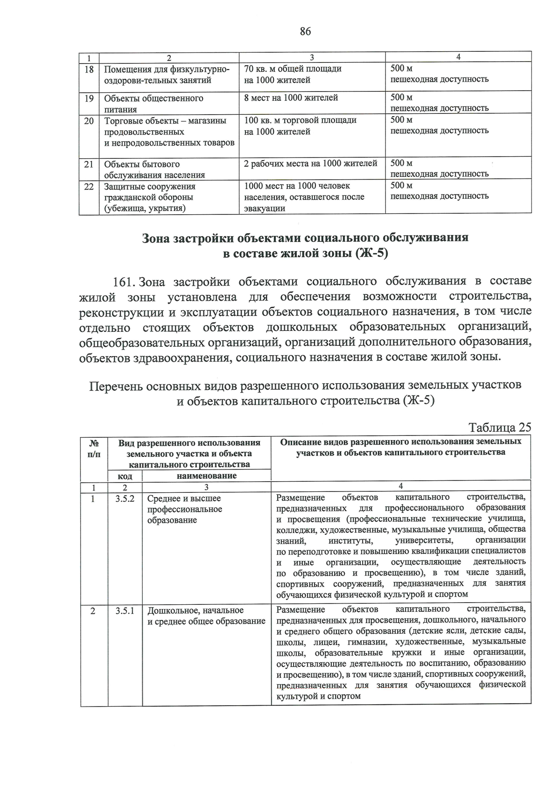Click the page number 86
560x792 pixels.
click(305, 32)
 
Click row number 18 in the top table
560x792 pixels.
click(89, 70)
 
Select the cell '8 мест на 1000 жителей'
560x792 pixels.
click(291, 98)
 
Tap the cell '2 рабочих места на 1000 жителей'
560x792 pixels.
click(311, 164)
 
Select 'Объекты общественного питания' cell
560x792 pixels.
click(154, 104)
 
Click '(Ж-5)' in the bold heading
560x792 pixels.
click(371, 254)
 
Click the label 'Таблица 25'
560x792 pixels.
click(499, 428)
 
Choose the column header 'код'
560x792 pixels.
click(125, 476)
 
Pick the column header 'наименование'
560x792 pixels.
click(206, 476)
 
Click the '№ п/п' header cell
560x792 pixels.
click(93, 448)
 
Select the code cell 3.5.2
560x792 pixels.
click(125, 498)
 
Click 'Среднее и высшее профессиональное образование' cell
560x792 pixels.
click(185, 509)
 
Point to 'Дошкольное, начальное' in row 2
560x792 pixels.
click(196, 610)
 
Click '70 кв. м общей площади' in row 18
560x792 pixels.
click(293, 69)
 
